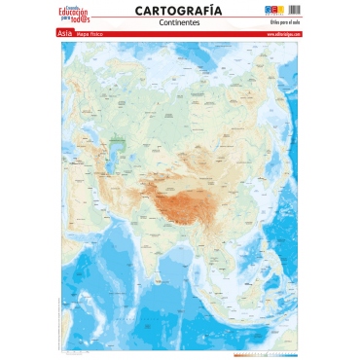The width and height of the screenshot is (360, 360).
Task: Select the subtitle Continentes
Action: [179, 22]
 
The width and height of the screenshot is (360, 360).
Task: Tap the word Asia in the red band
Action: [65, 34]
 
